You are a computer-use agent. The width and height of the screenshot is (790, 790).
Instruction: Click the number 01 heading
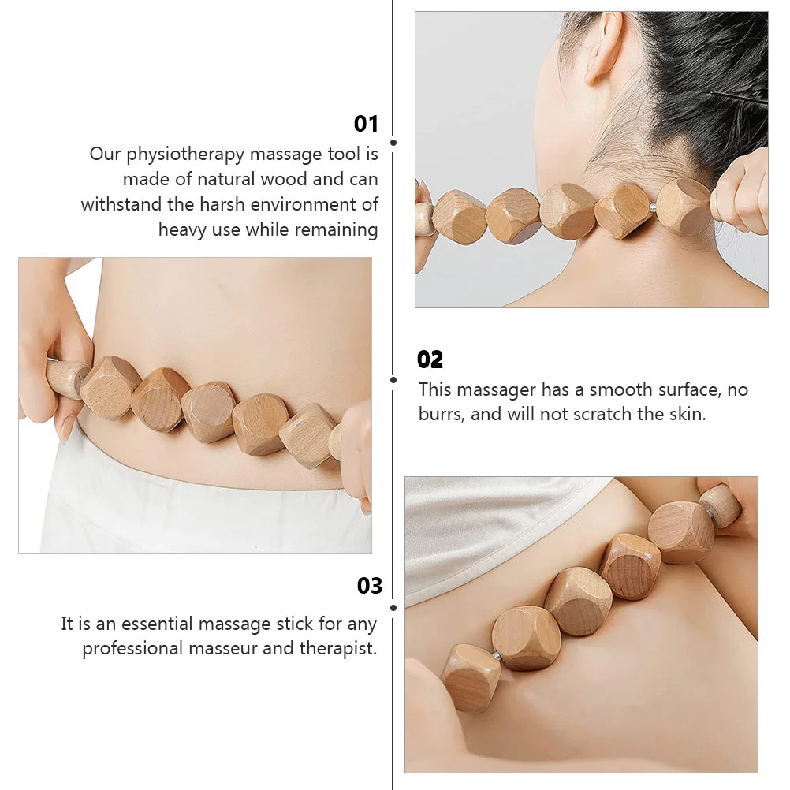366,124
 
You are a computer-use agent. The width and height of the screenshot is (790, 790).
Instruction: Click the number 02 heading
430,360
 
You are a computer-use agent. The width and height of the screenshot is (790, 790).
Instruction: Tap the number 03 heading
369,586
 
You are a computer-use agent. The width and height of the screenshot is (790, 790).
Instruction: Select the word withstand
121,204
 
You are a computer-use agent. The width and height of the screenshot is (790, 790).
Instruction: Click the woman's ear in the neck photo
602,48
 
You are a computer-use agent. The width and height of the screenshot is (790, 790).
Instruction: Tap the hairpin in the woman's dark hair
740,99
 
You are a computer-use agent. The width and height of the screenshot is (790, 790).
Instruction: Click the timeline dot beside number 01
393,143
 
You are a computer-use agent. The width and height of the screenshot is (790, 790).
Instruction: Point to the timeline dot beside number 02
393,380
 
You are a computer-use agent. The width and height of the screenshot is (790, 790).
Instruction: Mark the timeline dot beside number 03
393,608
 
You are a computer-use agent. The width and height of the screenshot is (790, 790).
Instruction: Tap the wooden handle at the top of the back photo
721,505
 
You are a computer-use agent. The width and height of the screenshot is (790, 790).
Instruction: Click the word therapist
338,649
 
